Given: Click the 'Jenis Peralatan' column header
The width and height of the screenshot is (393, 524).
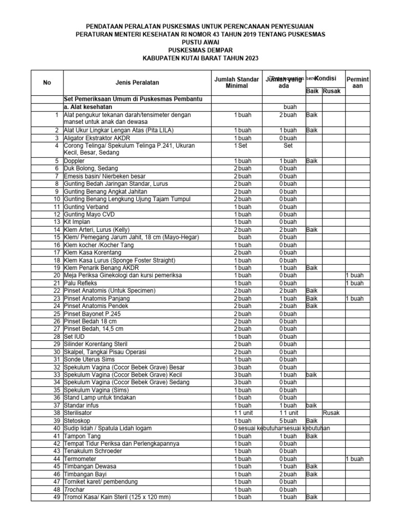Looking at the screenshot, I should point(137,82).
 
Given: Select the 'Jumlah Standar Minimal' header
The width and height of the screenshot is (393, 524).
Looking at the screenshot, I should point(236,82).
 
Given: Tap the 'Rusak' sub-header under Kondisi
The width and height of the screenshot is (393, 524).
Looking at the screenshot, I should point(332,91).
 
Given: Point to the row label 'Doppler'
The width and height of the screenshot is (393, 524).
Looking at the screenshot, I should point(75,161).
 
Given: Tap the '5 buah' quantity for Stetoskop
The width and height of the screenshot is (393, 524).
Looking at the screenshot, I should point(288,421).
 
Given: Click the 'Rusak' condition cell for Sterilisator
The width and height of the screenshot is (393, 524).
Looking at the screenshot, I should point(332,413).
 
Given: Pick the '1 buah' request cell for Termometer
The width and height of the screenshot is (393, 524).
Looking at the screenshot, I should point(354,459).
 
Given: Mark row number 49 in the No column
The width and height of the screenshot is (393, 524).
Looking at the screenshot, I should point(56,497).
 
